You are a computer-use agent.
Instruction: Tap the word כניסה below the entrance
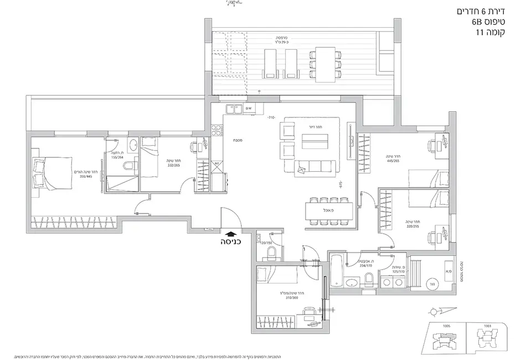230,241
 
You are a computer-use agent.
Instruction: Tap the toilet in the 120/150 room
271,253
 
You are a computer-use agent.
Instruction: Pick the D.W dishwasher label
249,109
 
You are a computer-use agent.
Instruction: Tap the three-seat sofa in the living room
314,166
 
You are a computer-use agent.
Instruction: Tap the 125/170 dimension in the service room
398,271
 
